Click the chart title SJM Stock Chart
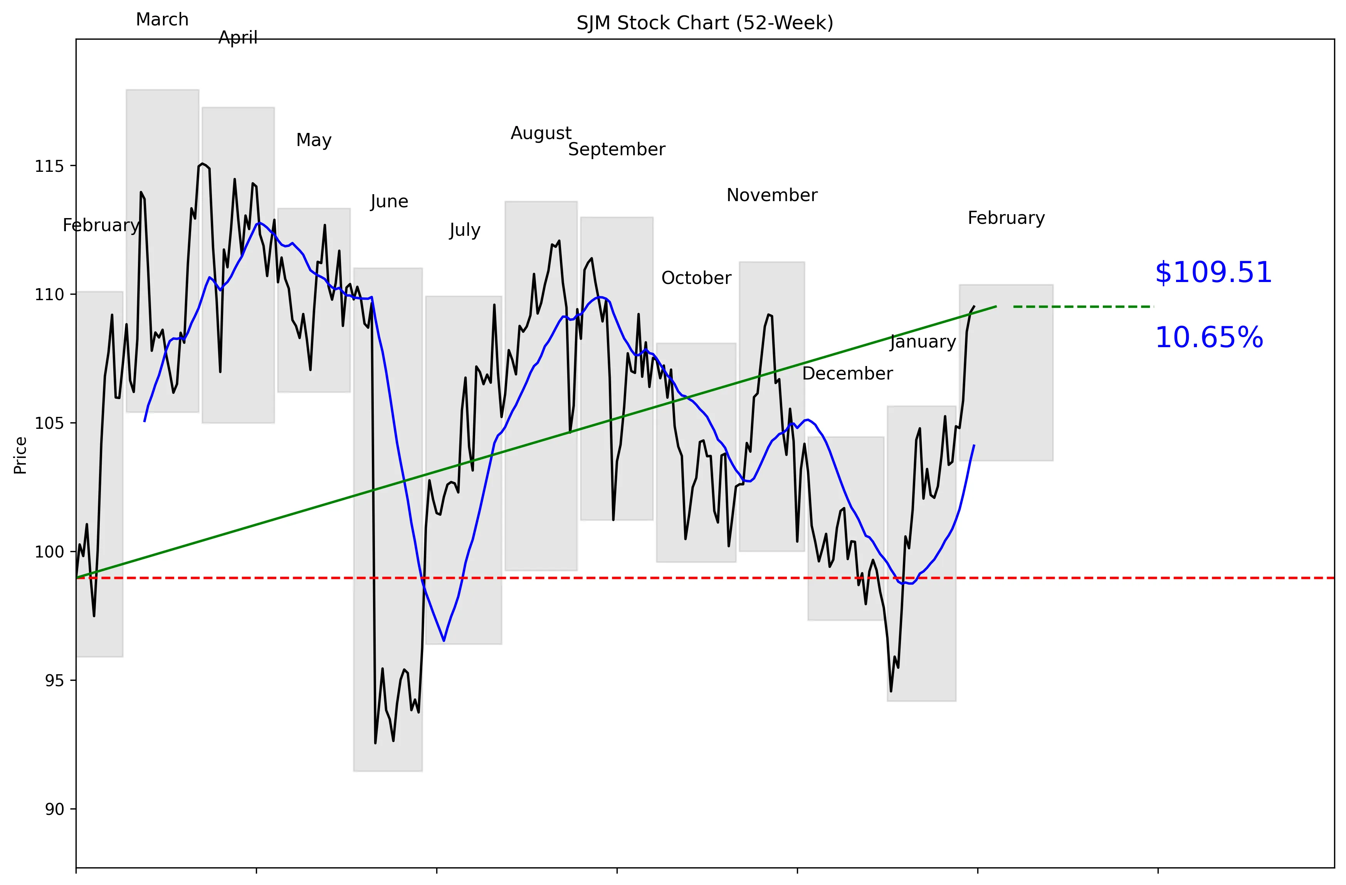point(705,23)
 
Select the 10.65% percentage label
point(1208,338)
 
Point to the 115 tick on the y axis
point(49,166)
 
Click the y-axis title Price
point(20,455)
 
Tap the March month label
point(162,20)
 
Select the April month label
point(238,38)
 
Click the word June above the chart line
point(389,202)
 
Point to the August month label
point(541,133)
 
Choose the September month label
point(617,150)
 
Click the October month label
point(696,278)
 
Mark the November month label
point(772,196)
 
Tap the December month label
point(847,374)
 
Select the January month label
point(923,342)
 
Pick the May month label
point(314,140)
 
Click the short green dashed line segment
point(1083,307)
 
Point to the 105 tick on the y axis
point(49,423)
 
